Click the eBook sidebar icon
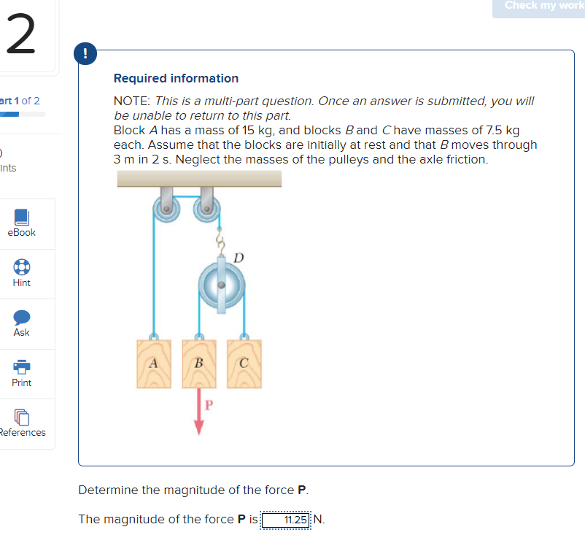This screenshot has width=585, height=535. click(22, 217)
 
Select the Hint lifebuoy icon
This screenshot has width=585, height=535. click(22, 266)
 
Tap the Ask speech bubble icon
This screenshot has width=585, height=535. click(22, 317)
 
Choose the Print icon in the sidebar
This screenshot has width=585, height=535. click(22, 366)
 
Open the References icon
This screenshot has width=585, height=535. click(22, 417)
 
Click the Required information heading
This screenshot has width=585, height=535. click(176, 78)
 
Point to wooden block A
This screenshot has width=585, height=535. click(153, 363)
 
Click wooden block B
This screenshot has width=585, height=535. click(198, 363)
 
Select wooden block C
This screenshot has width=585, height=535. click(243, 363)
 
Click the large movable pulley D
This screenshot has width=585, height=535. click(222, 283)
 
